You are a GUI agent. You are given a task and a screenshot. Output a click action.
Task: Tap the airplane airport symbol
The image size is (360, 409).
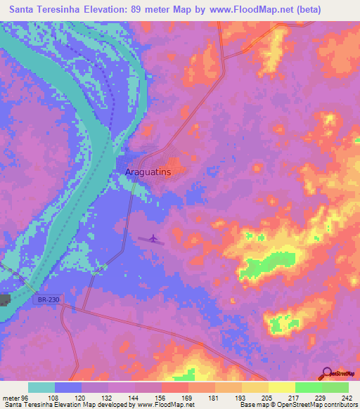pyautogui.click(x=152, y=240)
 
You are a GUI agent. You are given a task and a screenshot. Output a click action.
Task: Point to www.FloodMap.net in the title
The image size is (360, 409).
pyautogui.click(x=230, y=10)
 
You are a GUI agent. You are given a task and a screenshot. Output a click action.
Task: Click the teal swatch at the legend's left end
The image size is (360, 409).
pyautogui.click(x=41, y=387)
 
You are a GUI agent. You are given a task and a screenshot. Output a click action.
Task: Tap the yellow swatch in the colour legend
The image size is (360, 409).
pyautogui.click(x=281, y=387)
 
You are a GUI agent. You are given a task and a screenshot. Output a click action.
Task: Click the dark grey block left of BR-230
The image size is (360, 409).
pyautogui.click(x=5, y=300)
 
